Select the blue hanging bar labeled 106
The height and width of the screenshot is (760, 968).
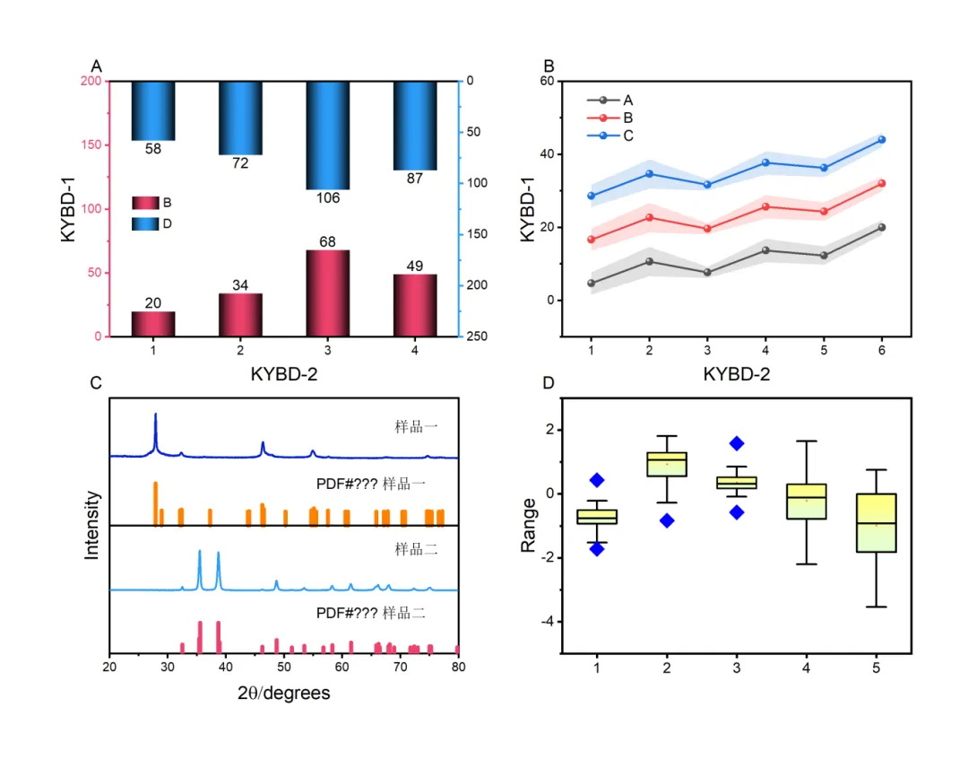pos(328,135)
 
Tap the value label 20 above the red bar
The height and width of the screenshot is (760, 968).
pos(153,302)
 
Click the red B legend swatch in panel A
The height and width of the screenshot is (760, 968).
pos(144,202)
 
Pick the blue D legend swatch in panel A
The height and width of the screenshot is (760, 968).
pos(144,223)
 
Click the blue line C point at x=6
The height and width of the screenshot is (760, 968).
pos(882,140)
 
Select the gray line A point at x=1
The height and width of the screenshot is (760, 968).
pos(592,284)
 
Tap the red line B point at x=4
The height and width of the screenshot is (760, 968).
pos(765,206)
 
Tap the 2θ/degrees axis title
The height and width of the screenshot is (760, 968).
pos(283,693)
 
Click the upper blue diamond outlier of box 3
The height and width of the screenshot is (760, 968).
pos(736,443)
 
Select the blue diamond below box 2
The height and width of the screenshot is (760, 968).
pos(666,520)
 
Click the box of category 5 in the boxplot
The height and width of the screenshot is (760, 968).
pos(876,522)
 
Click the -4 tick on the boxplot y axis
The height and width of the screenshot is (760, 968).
pos(543,622)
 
